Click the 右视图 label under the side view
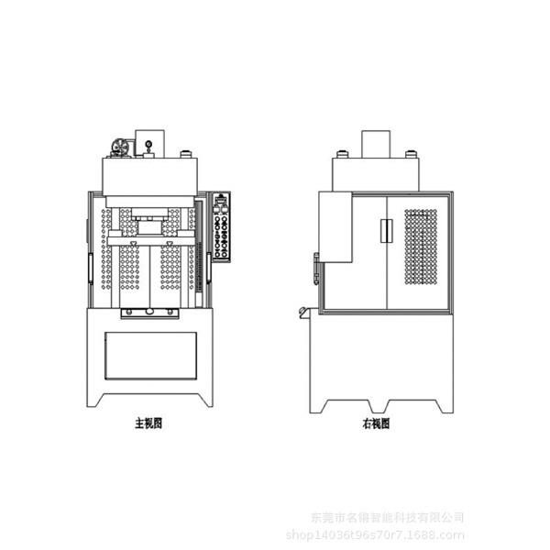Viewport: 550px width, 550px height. pyautogui.click(x=376, y=423)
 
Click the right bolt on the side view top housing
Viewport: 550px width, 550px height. pyautogui.click(x=410, y=153)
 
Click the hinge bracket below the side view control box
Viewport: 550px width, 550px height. pyautogui.click(x=316, y=269)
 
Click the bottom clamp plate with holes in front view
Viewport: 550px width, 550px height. pyautogui.click(x=149, y=312)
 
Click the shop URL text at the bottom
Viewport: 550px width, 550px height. pyautogui.click(x=376, y=534)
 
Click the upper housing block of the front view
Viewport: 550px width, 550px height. pyautogui.click(x=150, y=175)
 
